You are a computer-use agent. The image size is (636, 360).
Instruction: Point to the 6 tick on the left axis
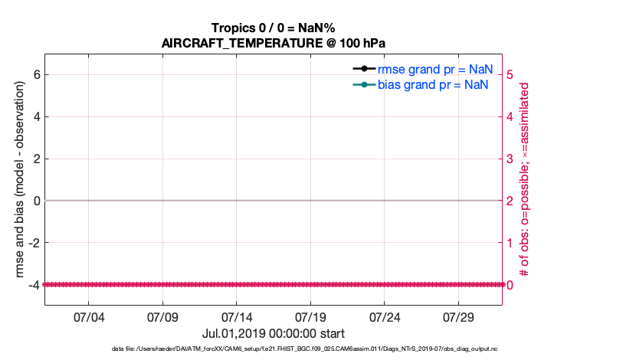coord(35,74)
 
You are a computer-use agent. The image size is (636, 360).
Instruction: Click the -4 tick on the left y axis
coord(33,285)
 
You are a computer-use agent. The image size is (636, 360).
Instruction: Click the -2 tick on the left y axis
coord(33,243)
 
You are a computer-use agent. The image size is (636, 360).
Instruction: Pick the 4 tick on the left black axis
coord(35,116)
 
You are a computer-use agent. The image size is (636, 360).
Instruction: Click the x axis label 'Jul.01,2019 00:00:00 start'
coord(274,334)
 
